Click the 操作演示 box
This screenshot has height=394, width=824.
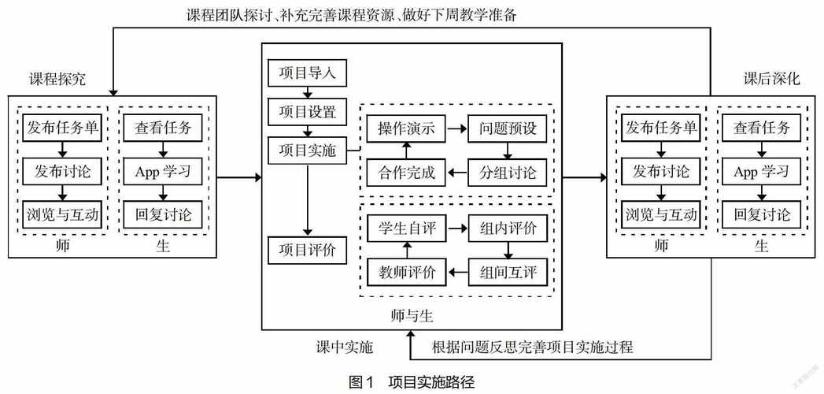(x=406, y=128)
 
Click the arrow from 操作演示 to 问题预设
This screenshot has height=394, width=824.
(x=456, y=128)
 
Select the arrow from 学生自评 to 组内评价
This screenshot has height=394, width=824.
(x=456, y=229)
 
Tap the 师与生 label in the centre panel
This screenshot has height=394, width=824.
(x=412, y=315)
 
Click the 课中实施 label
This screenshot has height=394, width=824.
(x=345, y=347)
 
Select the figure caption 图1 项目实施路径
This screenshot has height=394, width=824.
(x=412, y=381)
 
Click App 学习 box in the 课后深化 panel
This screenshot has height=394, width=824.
(x=761, y=171)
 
